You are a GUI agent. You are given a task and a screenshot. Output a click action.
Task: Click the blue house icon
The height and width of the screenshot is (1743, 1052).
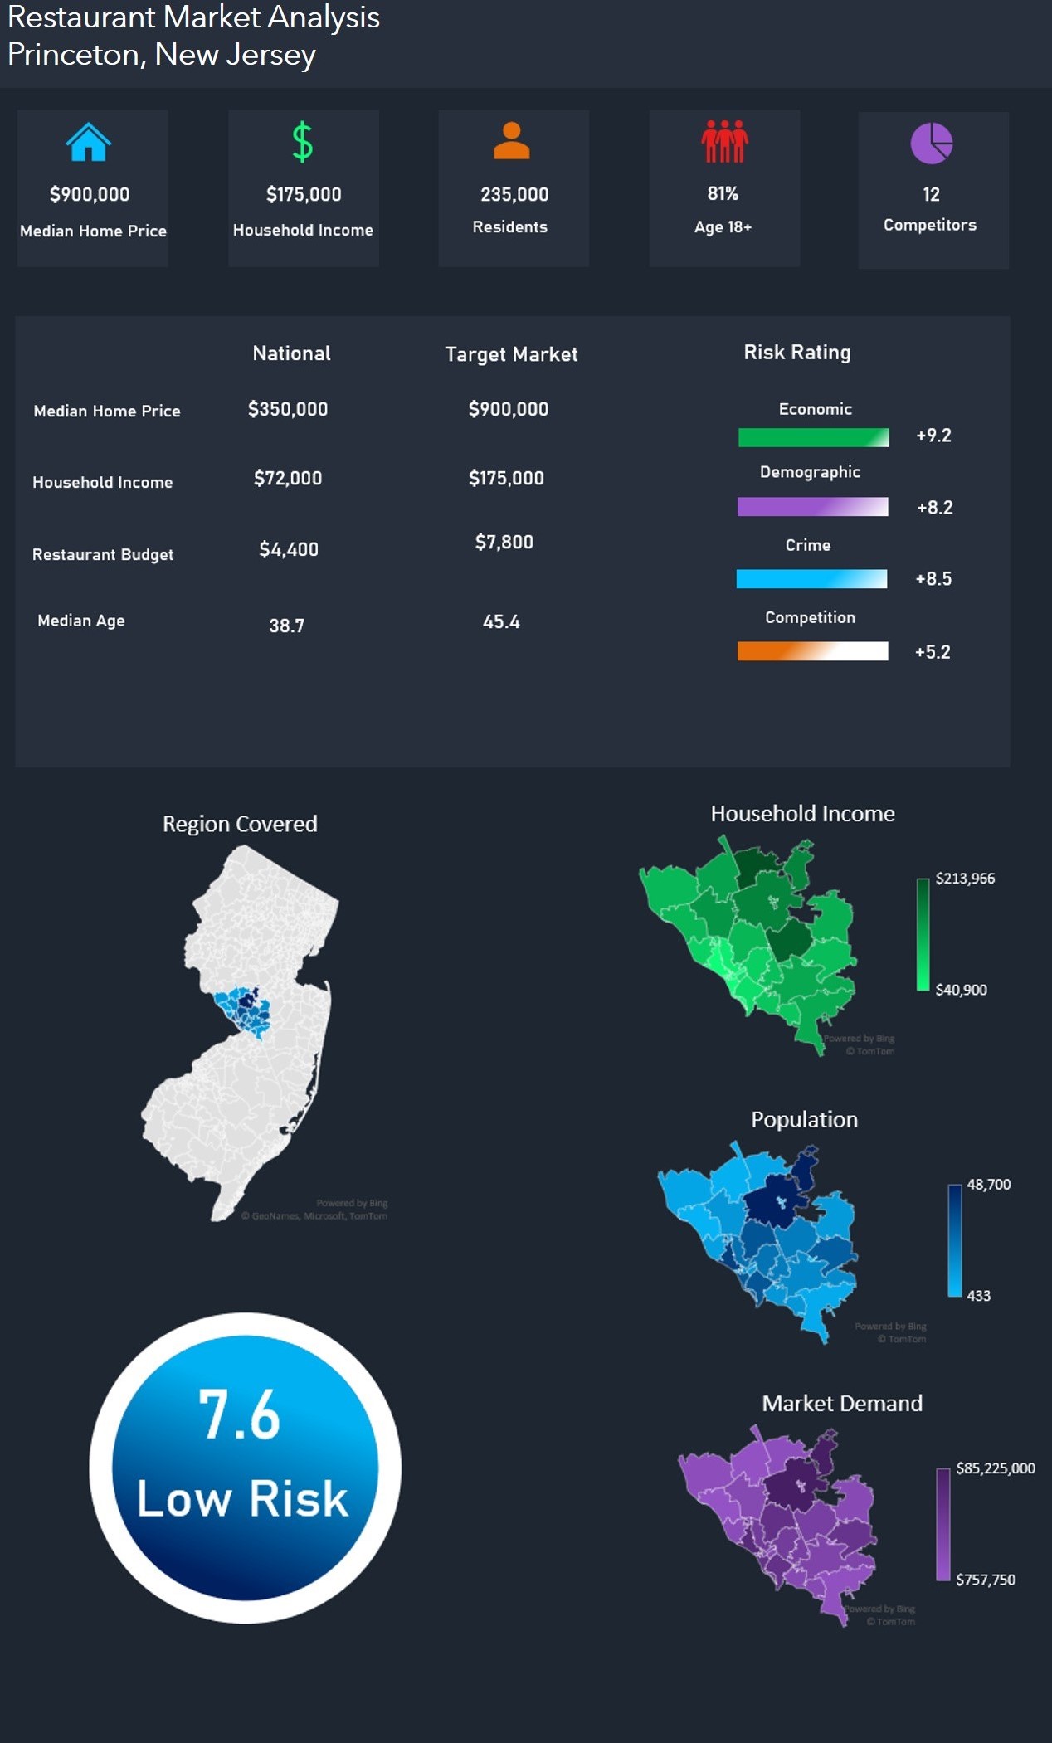pyautogui.click(x=89, y=142)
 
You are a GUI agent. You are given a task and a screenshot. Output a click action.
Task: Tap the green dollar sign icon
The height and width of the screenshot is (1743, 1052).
pyautogui.click(x=303, y=142)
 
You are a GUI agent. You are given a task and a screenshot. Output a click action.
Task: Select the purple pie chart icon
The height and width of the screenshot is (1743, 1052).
pyautogui.click(x=931, y=144)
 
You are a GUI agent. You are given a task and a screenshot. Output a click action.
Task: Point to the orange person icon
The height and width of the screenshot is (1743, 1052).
pyautogui.click(x=511, y=140)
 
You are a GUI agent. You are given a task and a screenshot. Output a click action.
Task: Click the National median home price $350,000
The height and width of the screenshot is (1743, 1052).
pyautogui.click(x=288, y=409)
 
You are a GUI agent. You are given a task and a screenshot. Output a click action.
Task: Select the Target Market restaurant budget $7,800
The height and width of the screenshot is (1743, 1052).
pyautogui.click(x=504, y=543)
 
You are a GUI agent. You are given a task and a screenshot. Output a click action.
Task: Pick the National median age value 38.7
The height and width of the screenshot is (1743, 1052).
pyautogui.click(x=286, y=626)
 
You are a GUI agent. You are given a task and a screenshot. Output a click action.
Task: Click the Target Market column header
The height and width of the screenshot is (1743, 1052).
pyautogui.click(x=511, y=354)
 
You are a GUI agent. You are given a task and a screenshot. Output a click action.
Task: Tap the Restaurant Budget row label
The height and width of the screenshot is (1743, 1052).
pyautogui.click(x=103, y=554)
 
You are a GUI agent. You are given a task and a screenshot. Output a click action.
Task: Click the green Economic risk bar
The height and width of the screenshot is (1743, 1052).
pyautogui.click(x=813, y=437)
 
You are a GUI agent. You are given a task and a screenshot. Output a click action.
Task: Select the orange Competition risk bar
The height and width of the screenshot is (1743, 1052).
pyautogui.click(x=812, y=651)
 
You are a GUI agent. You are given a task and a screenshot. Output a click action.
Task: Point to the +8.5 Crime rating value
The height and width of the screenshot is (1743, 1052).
pyautogui.click(x=933, y=579)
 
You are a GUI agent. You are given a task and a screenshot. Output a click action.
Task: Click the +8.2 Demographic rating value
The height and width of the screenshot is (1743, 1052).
pyautogui.click(x=934, y=508)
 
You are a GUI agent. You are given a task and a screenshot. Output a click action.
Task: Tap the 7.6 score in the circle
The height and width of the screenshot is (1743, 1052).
pyautogui.click(x=239, y=1414)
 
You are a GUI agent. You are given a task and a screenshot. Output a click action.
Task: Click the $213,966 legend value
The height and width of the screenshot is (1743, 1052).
pyautogui.click(x=965, y=879)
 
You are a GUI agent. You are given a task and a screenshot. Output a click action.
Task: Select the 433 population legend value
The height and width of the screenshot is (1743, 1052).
pyautogui.click(x=979, y=1296)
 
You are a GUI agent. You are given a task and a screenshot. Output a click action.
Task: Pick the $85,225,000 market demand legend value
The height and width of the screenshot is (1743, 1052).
pyautogui.click(x=996, y=1468)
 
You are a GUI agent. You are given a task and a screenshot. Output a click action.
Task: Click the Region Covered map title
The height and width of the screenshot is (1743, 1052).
pyautogui.click(x=240, y=824)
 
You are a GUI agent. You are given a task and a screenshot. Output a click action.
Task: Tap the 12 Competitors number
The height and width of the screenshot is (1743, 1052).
pyautogui.click(x=931, y=195)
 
